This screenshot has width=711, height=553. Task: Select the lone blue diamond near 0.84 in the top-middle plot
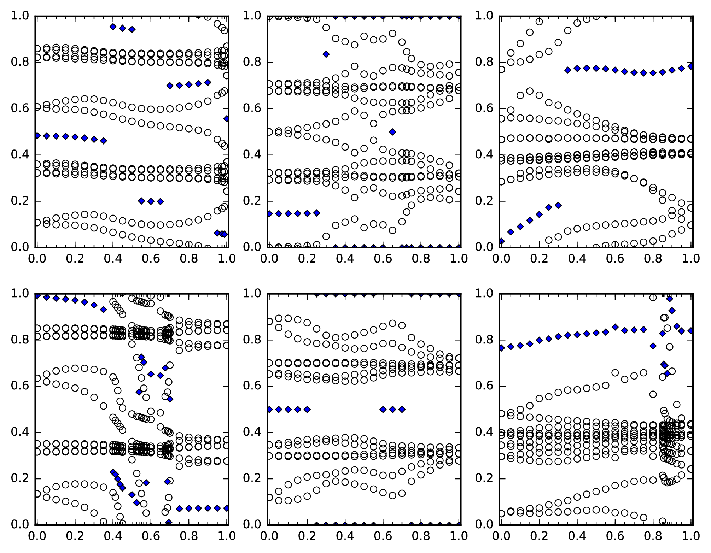pyautogui.click(x=326, y=54)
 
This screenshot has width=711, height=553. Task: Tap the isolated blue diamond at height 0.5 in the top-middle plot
pyautogui.click(x=392, y=132)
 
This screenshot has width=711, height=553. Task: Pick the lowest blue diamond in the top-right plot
pyautogui.click(x=501, y=241)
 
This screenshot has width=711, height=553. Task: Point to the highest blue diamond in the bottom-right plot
pyautogui.click(x=669, y=299)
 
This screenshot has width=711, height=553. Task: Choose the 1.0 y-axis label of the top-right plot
pyautogui.click(x=484, y=16)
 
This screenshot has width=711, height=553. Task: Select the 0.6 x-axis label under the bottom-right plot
pyautogui.click(x=616, y=536)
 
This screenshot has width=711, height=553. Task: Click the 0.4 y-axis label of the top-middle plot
pyautogui.click(x=252, y=155)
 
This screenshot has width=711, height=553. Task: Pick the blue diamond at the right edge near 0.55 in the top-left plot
pyautogui.click(x=226, y=119)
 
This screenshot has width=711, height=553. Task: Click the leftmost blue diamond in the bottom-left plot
pyautogui.click(x=37, y=296)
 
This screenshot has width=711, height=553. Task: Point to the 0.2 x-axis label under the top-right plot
pyautogui.click(x=539, y=259)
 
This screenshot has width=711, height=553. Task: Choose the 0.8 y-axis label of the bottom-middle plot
pyautogui.click(x=252, y=340)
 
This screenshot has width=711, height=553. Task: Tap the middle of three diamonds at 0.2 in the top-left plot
pyautogui.click(x=151, y=201)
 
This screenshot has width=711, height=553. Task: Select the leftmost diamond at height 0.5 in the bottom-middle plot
pyautogui.click(x=269, y=409)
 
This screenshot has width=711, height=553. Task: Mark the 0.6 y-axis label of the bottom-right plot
pyautogui.click(x=484, y=386)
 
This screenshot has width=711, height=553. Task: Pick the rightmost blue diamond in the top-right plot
pyautogui.click(x=691, y=66)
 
